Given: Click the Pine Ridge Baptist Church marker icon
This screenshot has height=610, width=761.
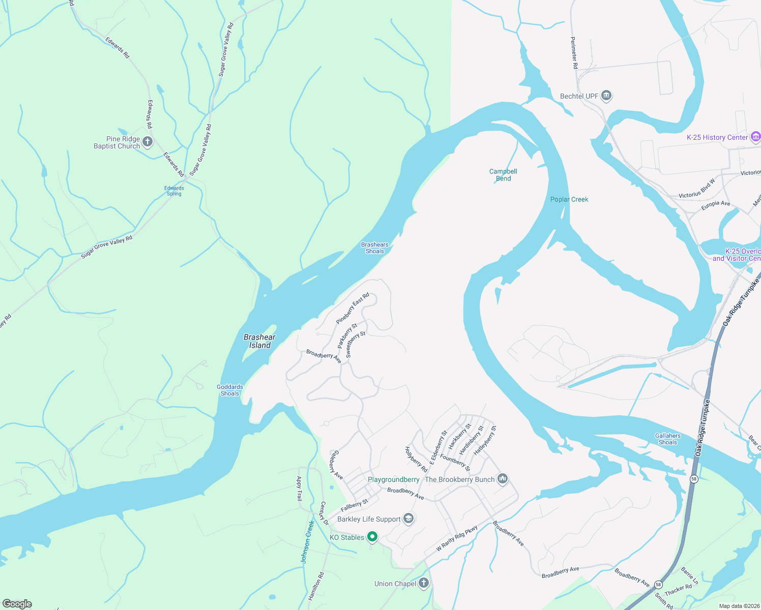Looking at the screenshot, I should point(148,142).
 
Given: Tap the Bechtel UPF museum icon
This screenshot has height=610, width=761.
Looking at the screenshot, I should point(606,96).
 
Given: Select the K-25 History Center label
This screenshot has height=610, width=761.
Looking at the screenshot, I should point(717,137).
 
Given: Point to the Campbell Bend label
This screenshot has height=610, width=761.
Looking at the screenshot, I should point(503,175).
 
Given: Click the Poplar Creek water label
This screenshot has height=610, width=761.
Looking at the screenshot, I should point(569,199).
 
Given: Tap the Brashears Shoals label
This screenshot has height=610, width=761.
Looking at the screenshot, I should point(374,248).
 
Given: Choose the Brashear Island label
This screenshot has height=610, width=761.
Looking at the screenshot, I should point(259,341).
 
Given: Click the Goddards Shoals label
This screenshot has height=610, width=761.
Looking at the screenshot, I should point(229,390).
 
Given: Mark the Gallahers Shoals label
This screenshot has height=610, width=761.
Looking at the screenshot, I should point(667,439).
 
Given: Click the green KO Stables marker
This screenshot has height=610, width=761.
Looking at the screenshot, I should point(372,537).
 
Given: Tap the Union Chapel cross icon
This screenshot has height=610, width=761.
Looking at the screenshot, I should point(423,583).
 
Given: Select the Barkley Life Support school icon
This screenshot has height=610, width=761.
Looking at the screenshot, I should point(408,518).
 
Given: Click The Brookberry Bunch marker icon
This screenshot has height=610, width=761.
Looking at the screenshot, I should point(502,479).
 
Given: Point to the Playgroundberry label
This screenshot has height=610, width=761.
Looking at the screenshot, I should point(393,479).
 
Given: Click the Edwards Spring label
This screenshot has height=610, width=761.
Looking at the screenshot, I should point(174,191).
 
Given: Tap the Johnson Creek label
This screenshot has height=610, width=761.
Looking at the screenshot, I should point(307,541).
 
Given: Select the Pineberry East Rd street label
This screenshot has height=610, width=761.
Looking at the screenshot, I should point(352,309).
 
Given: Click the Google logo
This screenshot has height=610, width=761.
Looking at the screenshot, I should point(17,603).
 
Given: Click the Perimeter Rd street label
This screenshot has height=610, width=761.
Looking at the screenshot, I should point(574,53).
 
